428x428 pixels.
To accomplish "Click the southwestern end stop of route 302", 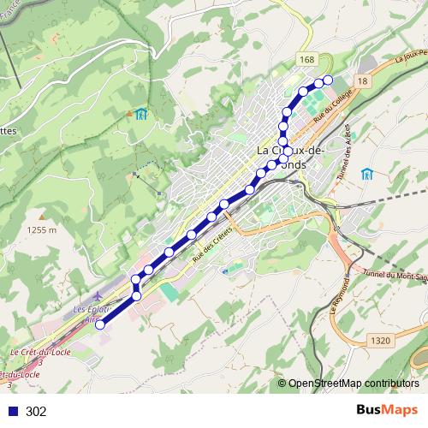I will [x=100, y=324].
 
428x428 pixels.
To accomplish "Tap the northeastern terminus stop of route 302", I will [x=327, y=80].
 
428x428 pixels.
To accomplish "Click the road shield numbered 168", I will [x=307, y=58].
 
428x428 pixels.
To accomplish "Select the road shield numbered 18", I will [x=363, y=80].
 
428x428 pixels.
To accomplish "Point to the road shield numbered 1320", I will [x=381, y=341].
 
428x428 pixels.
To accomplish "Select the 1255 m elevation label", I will [x=41, y=229].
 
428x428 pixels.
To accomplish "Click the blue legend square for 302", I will [x=12, y=412].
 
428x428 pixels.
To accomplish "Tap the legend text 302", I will [x=36, y=412].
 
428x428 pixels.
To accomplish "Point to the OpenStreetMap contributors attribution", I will [x=354, y=383].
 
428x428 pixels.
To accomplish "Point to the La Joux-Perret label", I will [x=411, y=61].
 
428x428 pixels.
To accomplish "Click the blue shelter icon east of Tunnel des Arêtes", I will [x=367, y=174].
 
